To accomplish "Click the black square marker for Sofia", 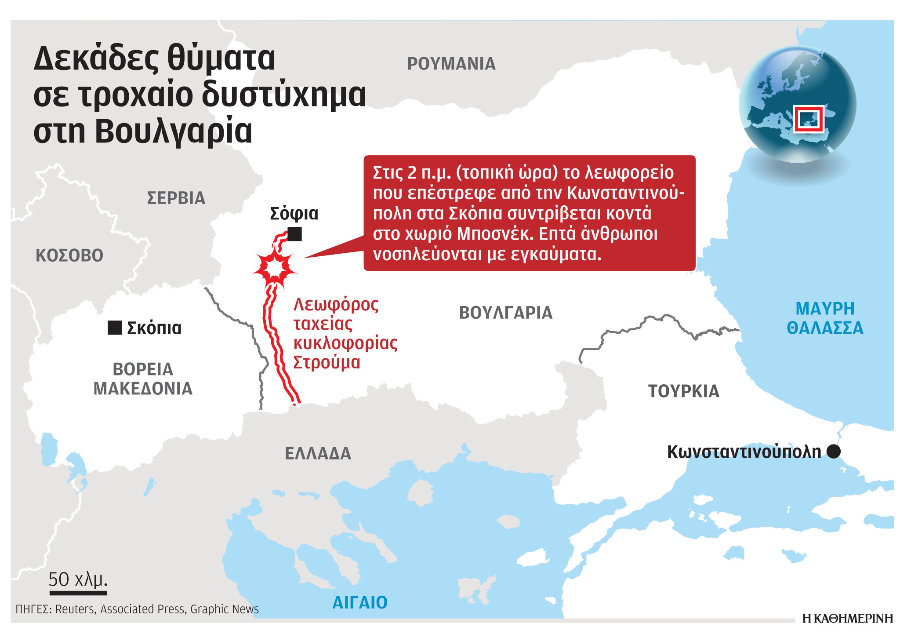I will (x=294, y=234).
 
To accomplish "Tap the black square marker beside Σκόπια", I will (x=115, y=328).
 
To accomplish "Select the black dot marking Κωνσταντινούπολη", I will (x=833, y=452).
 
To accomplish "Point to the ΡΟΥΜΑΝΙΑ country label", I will (x=451, y=64).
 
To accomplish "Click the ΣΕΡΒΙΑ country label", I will (x=176, y=198).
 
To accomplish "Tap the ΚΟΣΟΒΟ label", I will (x=69, y=255).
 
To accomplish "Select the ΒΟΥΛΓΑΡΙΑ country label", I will (x=506, y=313).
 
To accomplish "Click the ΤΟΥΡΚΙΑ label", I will (x=684, y=391).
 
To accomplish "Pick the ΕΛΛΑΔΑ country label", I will (x=318, y=453).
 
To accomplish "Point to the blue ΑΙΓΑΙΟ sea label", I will (x=360, y=602).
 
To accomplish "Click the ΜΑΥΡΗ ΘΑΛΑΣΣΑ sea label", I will (x=825, y=318).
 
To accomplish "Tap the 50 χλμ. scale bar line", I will (x=78, y=593).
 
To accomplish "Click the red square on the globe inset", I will (x=808, y=119).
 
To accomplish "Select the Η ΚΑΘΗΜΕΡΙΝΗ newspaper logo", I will (x=847, y=618).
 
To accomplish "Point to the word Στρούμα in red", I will (x=327, y=363).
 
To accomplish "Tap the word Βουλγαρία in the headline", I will (x=174, y=131).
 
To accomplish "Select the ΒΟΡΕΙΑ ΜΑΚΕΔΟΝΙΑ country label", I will (x=143, y=379).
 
